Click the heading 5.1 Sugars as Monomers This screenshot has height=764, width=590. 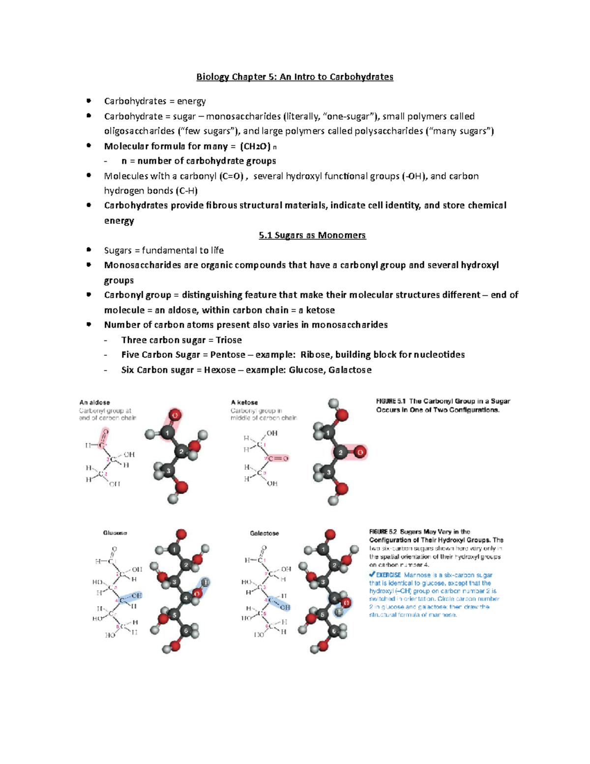312,235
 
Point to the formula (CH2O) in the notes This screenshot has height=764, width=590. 255,146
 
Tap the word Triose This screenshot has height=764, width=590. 229,340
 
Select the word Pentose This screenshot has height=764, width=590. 228,355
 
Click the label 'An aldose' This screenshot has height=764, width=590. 94,402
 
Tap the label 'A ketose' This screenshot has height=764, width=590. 244,402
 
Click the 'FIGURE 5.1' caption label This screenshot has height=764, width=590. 391,401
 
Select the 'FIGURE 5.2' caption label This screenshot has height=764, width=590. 383,532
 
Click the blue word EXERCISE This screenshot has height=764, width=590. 388,575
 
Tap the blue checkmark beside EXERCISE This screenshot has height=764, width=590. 372,574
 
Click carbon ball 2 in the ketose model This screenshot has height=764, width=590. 340,452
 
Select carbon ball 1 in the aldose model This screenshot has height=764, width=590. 167,433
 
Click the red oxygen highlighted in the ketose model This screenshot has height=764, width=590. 360,452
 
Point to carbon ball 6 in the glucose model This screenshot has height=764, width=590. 185,630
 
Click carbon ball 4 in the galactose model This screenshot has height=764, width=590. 334,599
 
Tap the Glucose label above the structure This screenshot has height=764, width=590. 115,533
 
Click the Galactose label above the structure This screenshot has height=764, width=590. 264,533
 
